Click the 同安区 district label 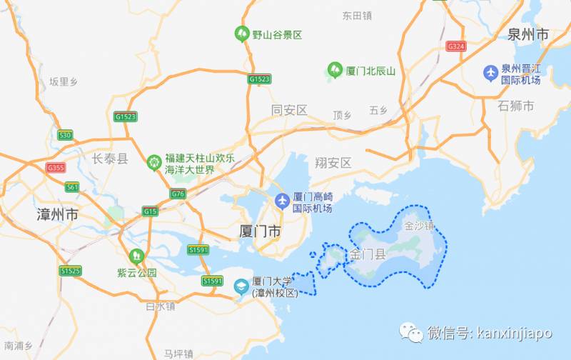pos(289,110)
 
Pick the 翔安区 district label pos(333,163)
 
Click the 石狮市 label pos(517,106)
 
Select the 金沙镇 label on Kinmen pos(419,226)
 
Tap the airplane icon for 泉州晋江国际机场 pos(491,72)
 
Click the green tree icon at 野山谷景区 pos(242,33)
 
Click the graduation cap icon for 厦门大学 pos(241,286)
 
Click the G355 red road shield pos(55,168)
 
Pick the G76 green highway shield pos(178,194)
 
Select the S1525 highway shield pos(70,271)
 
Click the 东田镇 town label pos(357,15)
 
